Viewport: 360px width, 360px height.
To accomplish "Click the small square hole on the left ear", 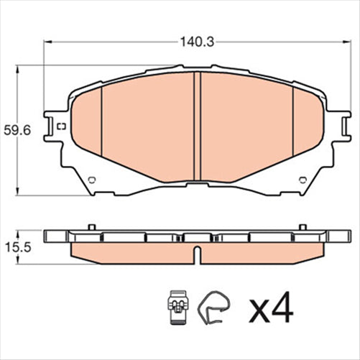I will pos(60,128).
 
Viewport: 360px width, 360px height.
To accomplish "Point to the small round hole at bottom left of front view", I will pos(91,180).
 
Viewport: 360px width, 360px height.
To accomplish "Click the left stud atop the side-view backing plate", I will pos(91,228).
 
